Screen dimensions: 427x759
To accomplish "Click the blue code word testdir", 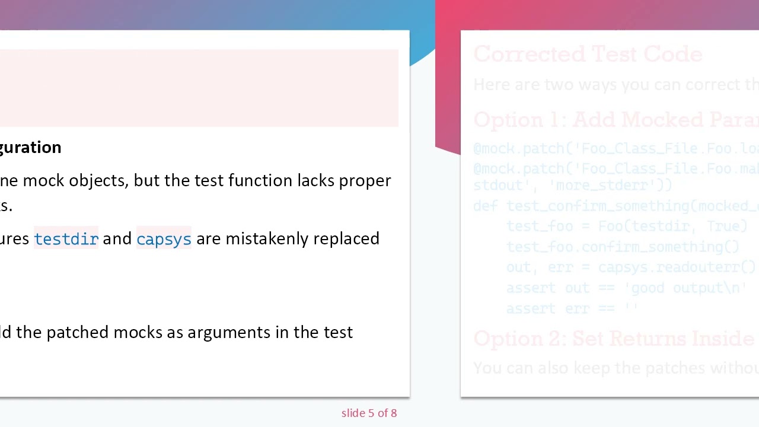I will click(66, 238).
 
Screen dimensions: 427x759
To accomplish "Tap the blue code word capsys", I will click(164, 238).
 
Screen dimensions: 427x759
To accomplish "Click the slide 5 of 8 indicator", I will click(369, 413).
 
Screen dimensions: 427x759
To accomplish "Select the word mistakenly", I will click(267, 238).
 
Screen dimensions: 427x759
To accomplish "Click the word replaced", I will click(346, 238).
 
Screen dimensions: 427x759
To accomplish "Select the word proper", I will click(365, 180).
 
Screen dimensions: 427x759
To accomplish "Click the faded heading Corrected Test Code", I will click(588, 55).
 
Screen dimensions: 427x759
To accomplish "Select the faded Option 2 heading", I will click(614, 339).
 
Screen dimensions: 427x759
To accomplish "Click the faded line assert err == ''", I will click(572, 308).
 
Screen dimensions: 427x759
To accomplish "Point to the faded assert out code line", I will click(626, 288).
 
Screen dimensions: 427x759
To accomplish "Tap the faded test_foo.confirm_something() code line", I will click(623, 247).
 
